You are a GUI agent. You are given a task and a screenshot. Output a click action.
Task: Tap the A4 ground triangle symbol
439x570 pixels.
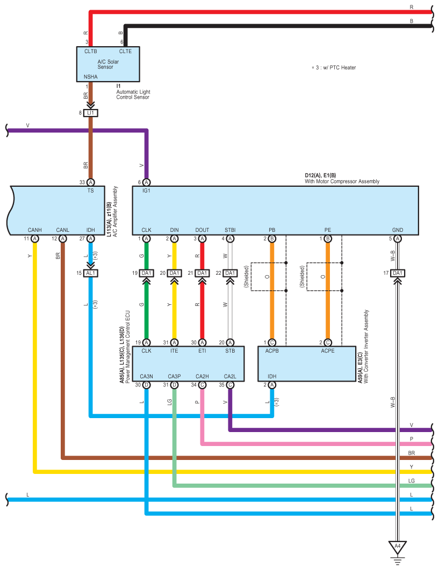398,547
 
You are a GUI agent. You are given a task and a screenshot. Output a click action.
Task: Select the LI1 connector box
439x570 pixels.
91,113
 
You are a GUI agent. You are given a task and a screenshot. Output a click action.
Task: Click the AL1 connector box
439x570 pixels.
91,273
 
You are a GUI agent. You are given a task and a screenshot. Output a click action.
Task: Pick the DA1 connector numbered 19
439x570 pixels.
147,273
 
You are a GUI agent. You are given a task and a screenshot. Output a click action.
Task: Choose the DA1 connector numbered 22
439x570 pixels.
230,273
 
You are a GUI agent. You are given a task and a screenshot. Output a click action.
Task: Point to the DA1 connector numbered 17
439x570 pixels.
398,273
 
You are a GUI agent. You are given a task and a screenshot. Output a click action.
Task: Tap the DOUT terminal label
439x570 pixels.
202,230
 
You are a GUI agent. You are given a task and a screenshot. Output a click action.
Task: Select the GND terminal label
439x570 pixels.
398,230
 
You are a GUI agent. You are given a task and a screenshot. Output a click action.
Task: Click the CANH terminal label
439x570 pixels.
35,230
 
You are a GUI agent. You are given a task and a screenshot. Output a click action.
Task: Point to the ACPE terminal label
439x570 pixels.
328,351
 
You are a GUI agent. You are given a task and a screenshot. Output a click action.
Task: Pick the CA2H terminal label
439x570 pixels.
202,376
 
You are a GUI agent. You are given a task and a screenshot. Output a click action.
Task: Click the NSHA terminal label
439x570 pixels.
91,77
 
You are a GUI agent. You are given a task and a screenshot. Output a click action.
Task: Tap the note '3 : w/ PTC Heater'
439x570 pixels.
334,68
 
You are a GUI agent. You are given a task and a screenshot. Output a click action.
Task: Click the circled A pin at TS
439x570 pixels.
91,182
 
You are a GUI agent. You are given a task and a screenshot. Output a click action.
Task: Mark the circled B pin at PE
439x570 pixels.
328,238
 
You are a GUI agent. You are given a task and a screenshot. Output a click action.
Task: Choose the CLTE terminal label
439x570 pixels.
125,52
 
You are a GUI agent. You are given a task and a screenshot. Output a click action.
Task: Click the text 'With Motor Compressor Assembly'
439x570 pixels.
342,181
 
